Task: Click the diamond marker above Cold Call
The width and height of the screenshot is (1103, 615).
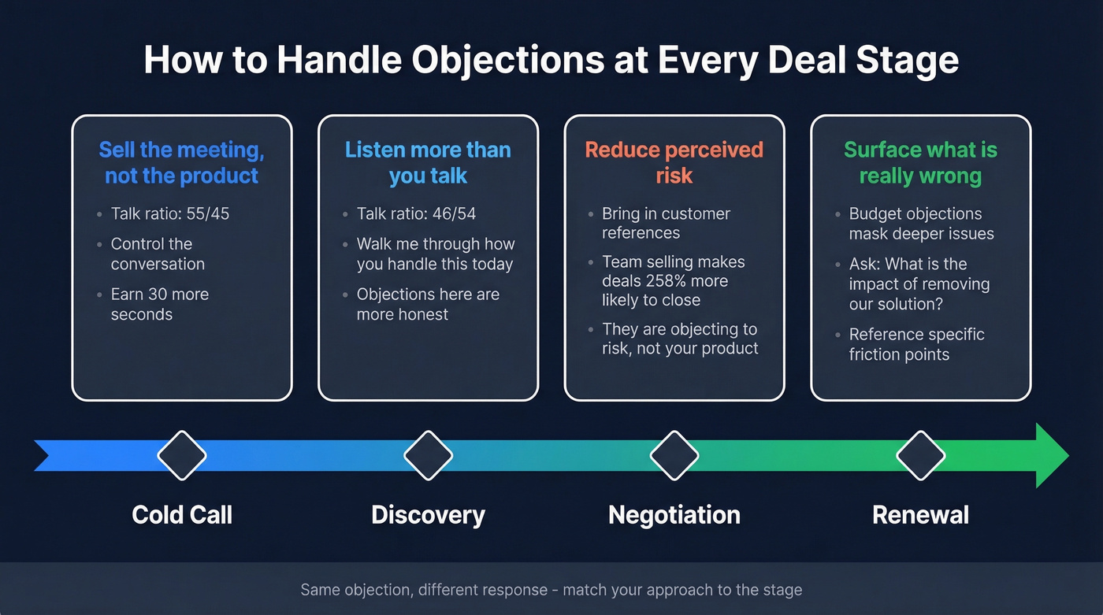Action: point(182,455)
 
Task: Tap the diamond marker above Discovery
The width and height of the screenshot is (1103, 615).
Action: point(428,455)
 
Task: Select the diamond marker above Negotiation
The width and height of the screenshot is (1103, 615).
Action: point(674,455)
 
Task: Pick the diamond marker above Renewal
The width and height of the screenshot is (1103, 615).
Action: point(921,455)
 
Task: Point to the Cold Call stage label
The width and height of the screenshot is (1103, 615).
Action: point(182,515)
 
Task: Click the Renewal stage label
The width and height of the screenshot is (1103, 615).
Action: point(921,515)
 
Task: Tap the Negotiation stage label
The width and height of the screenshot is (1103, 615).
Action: point(674,515)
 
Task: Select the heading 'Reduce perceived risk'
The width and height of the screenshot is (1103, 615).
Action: point(674,162)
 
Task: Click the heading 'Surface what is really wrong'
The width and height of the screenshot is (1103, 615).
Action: point(920,162)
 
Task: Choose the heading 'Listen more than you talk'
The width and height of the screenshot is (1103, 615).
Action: point(428,162)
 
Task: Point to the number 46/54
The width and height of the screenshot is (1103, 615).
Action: point(454,214)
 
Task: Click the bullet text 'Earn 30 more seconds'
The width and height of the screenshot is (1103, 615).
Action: point(160,304)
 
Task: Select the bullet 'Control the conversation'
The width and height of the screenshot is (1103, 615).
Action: point(158,254)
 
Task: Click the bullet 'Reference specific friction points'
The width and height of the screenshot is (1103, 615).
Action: point(916,344)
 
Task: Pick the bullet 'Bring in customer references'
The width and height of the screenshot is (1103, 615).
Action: point(666,224)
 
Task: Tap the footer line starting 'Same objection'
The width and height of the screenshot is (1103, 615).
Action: point(551,590)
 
